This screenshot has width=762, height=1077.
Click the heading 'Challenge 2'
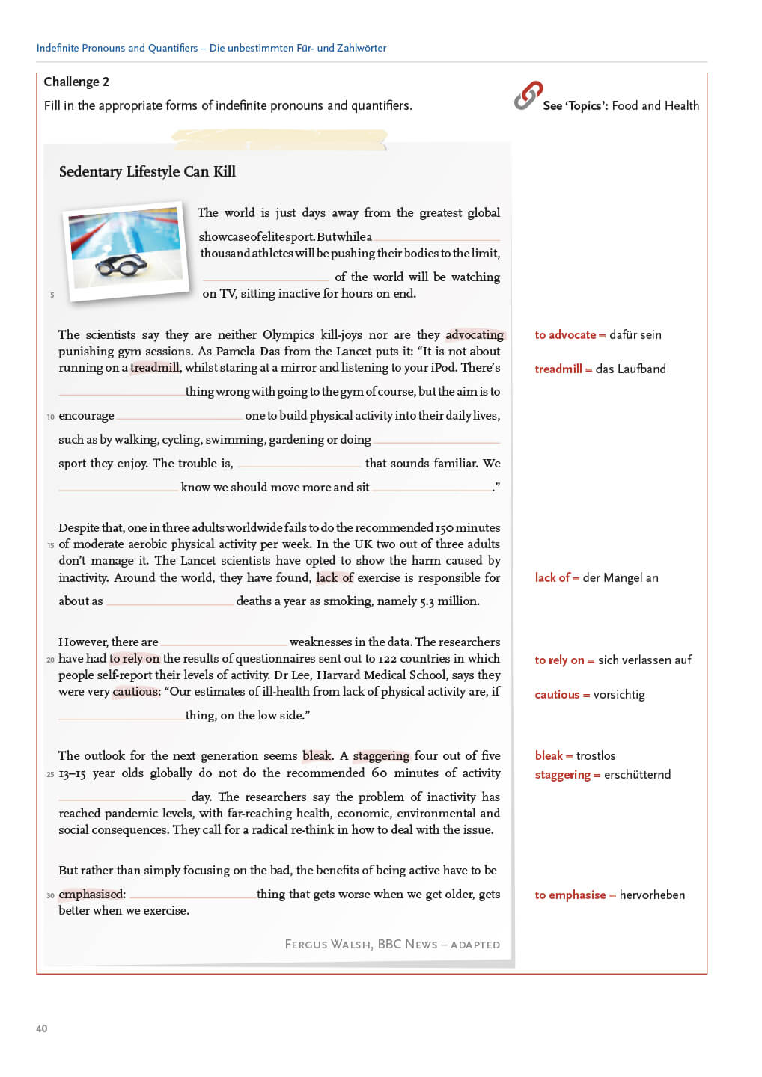point(76,82)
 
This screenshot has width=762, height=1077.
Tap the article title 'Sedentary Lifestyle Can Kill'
point(147,171)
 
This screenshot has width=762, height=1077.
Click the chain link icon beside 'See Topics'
point(528,96)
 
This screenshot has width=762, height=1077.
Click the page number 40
point(42,1028)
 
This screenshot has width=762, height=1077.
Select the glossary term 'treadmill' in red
point(558,369)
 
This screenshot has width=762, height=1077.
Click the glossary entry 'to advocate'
point(565,334)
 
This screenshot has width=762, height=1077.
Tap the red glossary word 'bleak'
point(549,755)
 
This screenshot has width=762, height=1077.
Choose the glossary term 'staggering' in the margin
point(563,774)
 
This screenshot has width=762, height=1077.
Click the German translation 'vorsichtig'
point(619,694)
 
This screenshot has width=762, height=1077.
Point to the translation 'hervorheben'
point(652,895)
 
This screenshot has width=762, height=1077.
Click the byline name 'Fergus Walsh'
point(328,944)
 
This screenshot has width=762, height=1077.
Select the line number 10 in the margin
point(50,417)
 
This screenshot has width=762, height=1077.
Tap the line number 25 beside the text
point(50,774)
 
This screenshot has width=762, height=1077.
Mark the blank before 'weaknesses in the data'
point(224,643)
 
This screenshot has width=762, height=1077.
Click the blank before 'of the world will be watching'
point(266,278)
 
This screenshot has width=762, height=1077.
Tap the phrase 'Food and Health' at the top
point(655,105)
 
